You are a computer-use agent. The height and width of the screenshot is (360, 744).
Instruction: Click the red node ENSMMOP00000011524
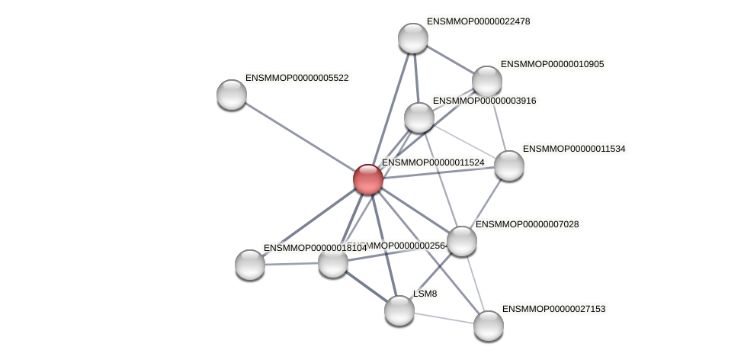pos(367,179)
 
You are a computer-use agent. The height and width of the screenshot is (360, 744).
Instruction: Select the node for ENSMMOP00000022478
pos(412,38)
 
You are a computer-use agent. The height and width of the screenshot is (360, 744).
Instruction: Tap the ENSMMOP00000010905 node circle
pos(486,81)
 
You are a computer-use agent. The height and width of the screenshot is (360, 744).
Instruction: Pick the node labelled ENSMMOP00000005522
pos(232,95)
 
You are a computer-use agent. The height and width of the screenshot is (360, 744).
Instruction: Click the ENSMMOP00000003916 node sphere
pos(418,117)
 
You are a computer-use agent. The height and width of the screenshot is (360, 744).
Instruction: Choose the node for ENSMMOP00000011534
pos(508,166)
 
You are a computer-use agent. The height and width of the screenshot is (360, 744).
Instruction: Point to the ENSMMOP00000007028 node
pos(461,241)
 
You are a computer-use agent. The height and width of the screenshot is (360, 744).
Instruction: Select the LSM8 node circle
pos(399,310)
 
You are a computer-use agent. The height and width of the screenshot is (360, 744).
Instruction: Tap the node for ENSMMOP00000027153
pos(488,326)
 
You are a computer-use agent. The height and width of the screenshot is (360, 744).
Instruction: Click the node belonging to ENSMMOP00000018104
pos(250,265)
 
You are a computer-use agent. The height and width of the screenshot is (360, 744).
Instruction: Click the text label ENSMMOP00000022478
pos(478,21)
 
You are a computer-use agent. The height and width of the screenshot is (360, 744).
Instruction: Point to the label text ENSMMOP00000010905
pos(552,64)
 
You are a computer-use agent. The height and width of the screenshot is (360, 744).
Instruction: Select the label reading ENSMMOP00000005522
pos(297,78)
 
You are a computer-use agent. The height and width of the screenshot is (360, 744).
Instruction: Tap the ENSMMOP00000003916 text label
pos(484,101)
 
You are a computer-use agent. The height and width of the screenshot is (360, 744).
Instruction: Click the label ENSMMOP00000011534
pos(574,149)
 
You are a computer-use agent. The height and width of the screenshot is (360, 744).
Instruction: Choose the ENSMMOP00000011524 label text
pos(433,162)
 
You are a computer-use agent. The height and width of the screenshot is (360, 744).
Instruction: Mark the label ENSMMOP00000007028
pos(527,224)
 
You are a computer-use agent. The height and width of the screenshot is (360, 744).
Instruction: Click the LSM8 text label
pos(425,294)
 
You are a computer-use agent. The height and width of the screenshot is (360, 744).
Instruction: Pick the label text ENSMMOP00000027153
pos(553,309)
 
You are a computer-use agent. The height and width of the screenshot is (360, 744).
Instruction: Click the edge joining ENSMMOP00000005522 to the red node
pos(299,137)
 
